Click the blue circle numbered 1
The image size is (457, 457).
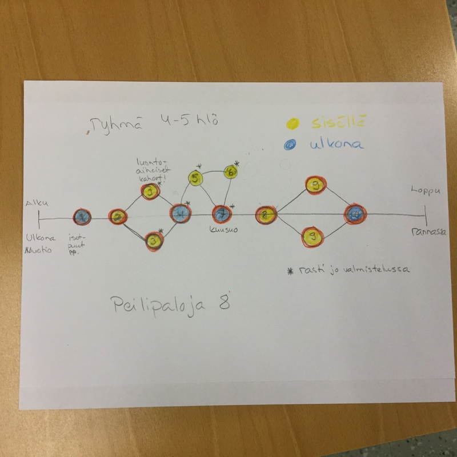point(83,217)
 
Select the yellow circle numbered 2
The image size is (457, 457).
point(118,217)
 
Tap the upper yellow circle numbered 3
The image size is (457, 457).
point(150,191)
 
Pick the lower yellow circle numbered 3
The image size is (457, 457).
point(153,241)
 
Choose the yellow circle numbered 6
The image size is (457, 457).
point(230,171)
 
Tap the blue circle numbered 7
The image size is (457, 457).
point(222,214)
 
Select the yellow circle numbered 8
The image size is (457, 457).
point(266,215)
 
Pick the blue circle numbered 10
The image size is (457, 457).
point(355,215)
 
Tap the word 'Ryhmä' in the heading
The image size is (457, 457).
point(108,124)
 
